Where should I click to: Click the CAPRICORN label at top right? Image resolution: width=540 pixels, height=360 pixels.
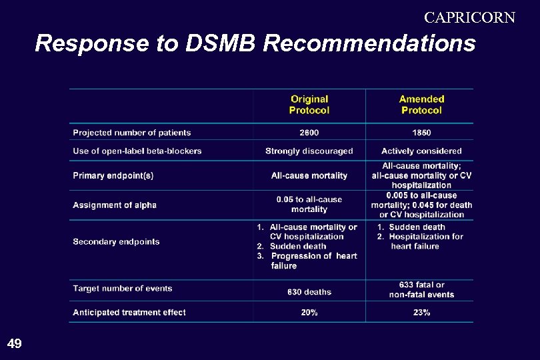point(469,17)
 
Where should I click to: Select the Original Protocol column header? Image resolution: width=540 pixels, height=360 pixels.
point(309,105)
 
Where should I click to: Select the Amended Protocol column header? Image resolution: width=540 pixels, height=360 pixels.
point(421,105)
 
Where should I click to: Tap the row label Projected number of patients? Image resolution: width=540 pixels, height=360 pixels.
point(132,133)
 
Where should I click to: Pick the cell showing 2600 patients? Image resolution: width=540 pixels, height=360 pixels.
point(309,133)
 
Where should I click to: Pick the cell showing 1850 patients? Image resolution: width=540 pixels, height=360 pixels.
point(421,133)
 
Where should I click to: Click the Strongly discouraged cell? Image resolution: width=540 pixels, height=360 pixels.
point(309,151)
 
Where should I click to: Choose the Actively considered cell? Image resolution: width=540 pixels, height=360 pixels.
point(421,151)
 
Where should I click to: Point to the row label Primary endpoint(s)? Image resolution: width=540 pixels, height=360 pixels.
point(113,176)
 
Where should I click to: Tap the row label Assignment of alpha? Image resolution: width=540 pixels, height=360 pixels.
point(115,205)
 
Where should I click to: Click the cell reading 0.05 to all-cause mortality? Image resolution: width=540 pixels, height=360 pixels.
point(309,204)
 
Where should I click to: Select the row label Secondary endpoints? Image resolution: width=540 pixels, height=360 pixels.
point(117,241)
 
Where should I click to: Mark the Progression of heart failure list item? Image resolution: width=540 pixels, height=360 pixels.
point(312,261)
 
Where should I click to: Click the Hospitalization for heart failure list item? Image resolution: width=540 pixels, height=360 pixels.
point(424,241)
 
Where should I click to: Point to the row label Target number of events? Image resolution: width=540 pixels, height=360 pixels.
point(123,289)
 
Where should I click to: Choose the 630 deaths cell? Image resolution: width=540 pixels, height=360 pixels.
point(309,292)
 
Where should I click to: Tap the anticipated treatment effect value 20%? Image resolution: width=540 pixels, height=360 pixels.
point(309,313)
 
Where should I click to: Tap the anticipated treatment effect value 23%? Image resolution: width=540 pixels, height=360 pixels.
point(421,313)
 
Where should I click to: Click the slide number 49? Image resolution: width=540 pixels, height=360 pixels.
point(14,344)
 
